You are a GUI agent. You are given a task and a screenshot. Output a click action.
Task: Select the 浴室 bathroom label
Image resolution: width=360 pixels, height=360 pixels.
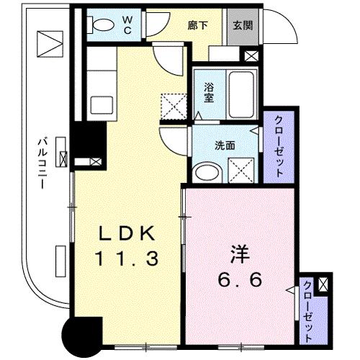point(209,94)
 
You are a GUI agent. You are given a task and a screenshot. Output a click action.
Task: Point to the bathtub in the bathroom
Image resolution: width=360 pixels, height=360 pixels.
point(238,95)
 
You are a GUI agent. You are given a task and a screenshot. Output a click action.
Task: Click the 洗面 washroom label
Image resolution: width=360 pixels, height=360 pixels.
point(223,145)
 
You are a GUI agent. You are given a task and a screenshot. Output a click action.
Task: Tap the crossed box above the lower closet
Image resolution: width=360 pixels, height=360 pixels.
point(323,284)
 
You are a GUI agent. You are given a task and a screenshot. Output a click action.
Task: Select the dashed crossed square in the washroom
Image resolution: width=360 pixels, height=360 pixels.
point(240,171)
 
